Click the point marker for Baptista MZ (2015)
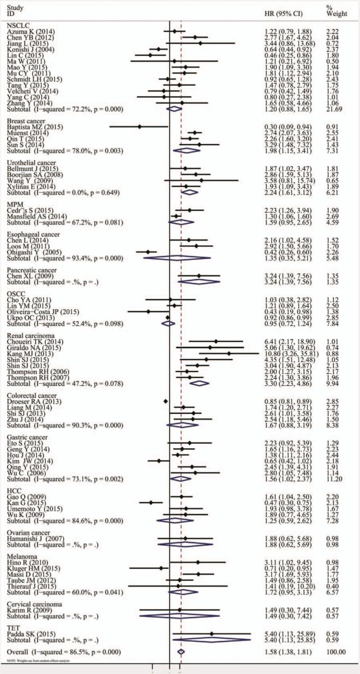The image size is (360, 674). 139,127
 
